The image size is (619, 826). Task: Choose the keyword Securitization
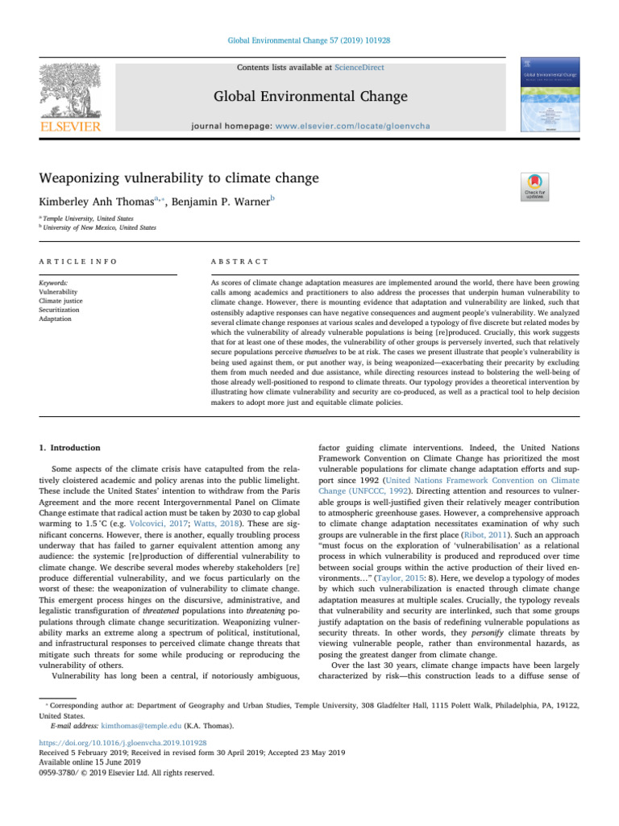tap(69, 309)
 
